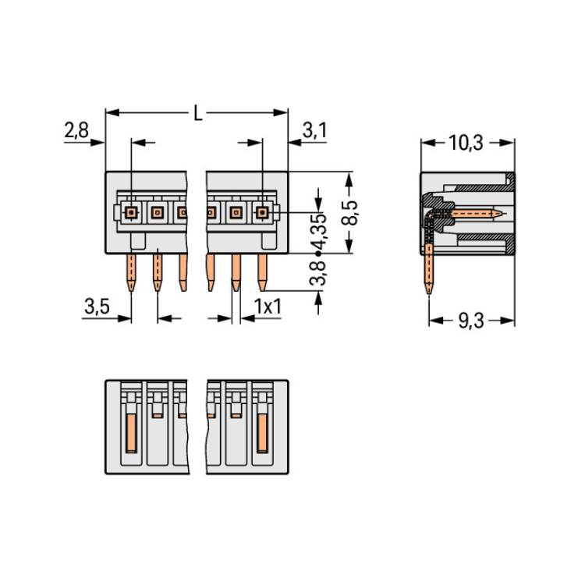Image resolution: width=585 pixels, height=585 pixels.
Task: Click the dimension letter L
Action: [x=198, y=112]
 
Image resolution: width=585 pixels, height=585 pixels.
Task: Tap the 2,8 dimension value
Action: [x=76, y=130]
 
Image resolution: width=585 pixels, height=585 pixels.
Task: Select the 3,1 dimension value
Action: [x=314, y=130]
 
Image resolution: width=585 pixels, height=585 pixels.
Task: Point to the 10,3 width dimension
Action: [x=466, y=143]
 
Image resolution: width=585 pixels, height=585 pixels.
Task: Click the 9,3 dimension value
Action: [x=471, y=321]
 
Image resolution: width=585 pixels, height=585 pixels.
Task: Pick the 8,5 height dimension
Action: [x=349, y=213]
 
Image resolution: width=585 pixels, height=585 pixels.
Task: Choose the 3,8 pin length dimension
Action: [x=318, y=273]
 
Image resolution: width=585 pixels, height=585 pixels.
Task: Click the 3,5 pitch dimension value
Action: [x=97, y=307]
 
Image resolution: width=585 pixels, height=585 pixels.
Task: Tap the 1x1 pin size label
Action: [x=268, y=307]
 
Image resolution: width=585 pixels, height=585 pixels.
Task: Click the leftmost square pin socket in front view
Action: [x=131, y=213]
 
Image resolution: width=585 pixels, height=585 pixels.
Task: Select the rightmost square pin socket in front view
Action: [x=262, y=213]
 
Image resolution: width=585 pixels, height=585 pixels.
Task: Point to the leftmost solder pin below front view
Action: [x=131, y=273]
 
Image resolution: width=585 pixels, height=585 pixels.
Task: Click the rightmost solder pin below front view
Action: [x=262, y=273]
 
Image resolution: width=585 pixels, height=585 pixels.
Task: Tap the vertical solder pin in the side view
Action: [x=429, y=268]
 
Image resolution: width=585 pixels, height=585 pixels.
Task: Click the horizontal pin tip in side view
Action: [x=502, y=214]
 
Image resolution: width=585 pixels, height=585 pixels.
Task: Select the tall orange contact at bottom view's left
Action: [x=131, y=433]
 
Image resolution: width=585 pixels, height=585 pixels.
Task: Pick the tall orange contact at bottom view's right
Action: [x=262, y=433]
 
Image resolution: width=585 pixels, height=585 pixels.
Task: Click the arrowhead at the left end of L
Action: [x=112, y=112]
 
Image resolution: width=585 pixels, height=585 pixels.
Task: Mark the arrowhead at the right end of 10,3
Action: [x=508, y=143]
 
